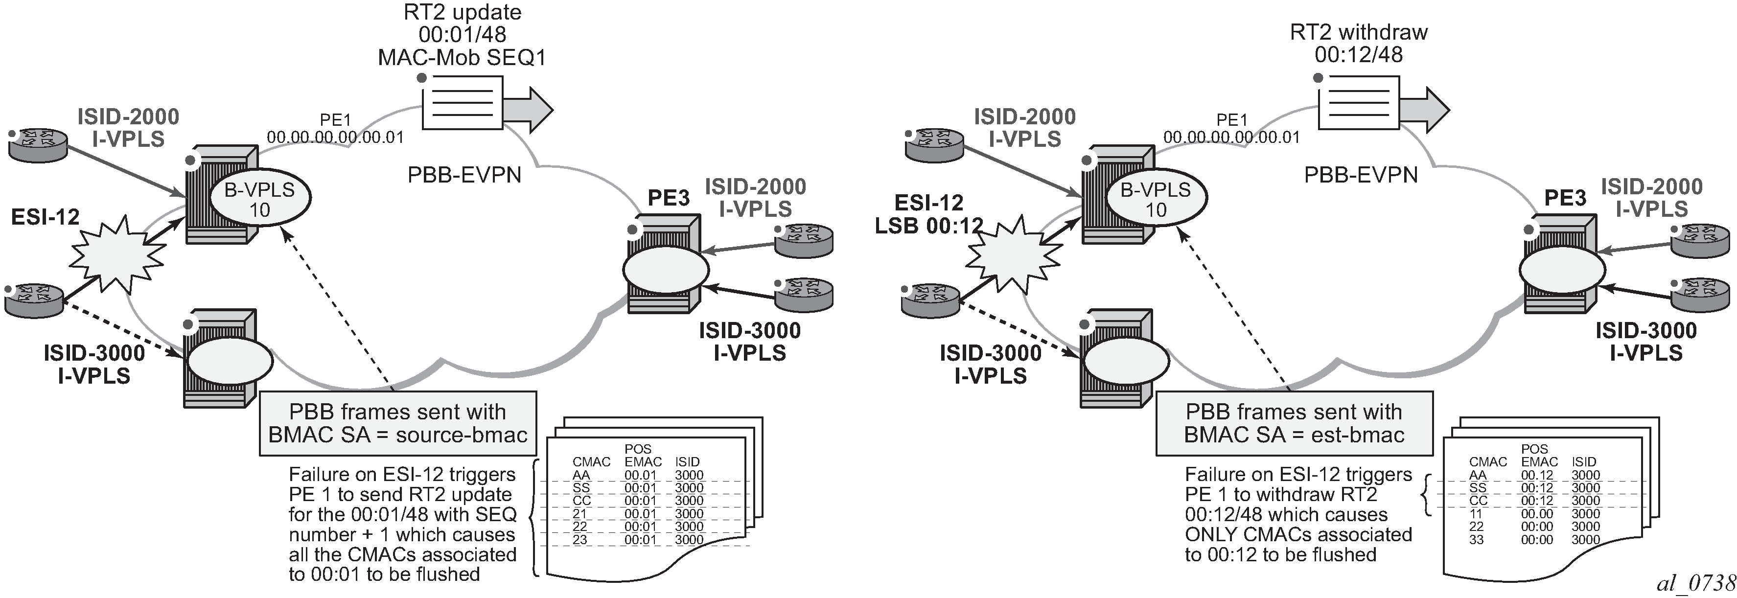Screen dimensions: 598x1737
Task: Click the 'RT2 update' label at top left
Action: click(x=463, y=13)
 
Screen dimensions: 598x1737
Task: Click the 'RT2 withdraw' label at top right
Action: click(x=1359, y=32)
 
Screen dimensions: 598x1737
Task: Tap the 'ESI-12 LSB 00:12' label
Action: click(x=928, y=214)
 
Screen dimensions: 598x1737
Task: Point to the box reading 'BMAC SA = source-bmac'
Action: click(x=398, y=423)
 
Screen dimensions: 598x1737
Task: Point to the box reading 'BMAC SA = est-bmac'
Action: click(x=1294, y=423)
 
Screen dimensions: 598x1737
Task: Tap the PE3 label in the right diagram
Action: click(x=1565, y=198)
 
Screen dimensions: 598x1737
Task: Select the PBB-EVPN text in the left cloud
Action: click(x=464, y=175)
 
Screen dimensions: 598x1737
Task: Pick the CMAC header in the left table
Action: click(x=591, y=462)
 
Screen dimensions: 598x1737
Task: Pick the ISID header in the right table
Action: click(x=1584, y=462)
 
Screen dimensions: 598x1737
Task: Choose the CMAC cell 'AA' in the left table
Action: click(x=581, y=475)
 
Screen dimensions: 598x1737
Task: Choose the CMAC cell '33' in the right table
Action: click(x=1477, y=539)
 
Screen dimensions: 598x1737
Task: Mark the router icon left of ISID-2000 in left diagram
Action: click(x=38, y=144)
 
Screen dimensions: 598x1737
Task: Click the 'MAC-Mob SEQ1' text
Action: click(x=462, y=57)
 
